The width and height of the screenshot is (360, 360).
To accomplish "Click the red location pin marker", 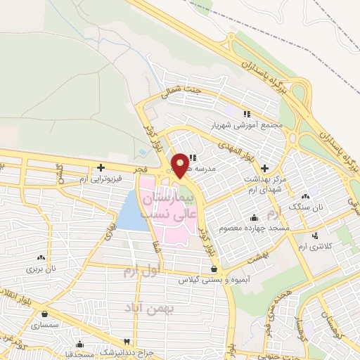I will coord(180,165).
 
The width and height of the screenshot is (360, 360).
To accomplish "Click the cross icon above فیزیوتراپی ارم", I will coord(102,167).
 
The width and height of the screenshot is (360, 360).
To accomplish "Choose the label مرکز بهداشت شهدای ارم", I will coord(264,179).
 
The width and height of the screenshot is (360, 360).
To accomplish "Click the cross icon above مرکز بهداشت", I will coord(264,167).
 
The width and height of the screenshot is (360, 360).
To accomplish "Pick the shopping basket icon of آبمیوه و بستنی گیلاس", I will coord(214,269).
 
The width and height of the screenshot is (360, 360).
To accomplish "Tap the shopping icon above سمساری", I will coord(46,314).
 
